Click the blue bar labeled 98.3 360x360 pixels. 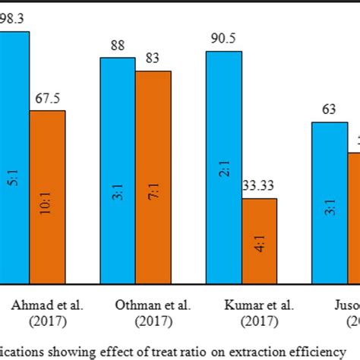14,152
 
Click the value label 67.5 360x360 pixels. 48,99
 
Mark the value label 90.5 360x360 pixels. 223,40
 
